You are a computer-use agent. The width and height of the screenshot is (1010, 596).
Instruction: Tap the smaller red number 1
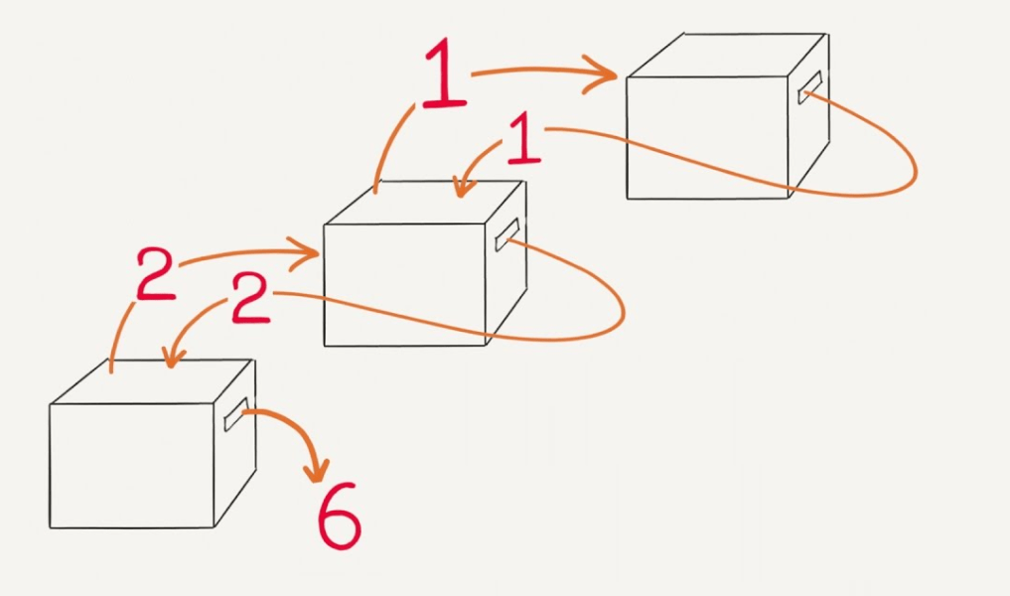(x=523, y=138)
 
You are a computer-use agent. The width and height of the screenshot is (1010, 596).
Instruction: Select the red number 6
(x=339, y=517)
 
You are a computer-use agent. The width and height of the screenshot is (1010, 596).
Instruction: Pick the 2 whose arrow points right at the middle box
(x=155, y=274)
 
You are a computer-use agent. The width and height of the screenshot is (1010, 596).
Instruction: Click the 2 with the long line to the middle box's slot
(x=250, y=297)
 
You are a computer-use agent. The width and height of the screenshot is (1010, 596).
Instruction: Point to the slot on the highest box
(x=809, y=87)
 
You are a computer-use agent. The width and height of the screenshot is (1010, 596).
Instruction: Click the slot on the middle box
(x=506, y=235)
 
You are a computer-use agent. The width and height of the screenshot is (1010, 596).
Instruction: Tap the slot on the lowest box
(x=235, y=414)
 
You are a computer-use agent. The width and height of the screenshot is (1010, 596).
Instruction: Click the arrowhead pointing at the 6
(x=318, y=471)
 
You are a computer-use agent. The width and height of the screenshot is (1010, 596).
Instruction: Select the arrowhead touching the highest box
(x=600, y=74)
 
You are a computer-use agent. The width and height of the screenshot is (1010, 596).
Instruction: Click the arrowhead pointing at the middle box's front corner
(x=303, y=253)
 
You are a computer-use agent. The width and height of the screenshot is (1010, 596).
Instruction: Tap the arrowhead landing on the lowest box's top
(x=173, y=358)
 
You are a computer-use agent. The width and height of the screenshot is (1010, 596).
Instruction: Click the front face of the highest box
(x=707, y=137)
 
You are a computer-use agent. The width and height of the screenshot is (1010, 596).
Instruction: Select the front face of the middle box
(x=404, y=285)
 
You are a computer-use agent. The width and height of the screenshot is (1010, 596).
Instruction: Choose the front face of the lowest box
(x=131, y=466)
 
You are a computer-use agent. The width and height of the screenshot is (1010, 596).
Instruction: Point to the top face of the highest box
(x=726, y=55)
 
